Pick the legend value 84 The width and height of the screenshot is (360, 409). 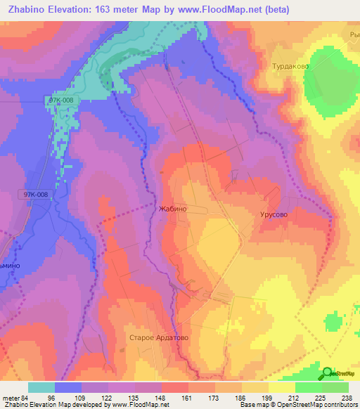pyautogui.click(x=25, y=397)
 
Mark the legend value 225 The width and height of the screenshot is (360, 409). pyautogui.click(x=321, y=397)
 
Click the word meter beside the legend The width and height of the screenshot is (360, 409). pyautogui.click(x=10, y=397)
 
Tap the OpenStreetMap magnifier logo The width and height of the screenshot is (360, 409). pyautogui.click(x=327, y=373)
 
